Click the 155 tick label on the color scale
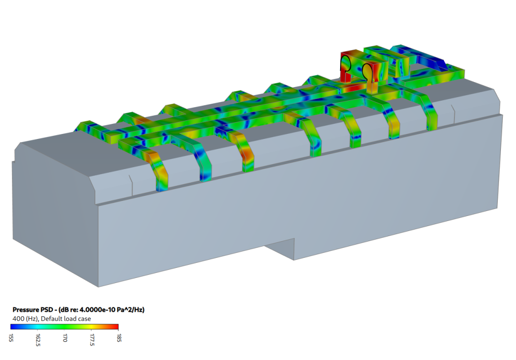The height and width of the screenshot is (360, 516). pyautogui.click(x=11, y=338)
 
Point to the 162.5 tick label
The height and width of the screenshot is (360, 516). pyautogui.click(x=38, y=340)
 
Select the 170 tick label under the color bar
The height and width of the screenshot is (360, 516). pyautogui.click(x=65, y=338)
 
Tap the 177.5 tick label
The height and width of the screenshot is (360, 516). pyautogui.click(x=92, y=340)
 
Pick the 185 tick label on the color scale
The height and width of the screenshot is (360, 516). pyautogui.click(x=119, y=338)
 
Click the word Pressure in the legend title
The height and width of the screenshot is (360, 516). pyautogui.click(x=25, y=310)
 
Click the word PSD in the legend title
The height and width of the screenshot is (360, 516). pyautogui.click(x=46, y=310)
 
